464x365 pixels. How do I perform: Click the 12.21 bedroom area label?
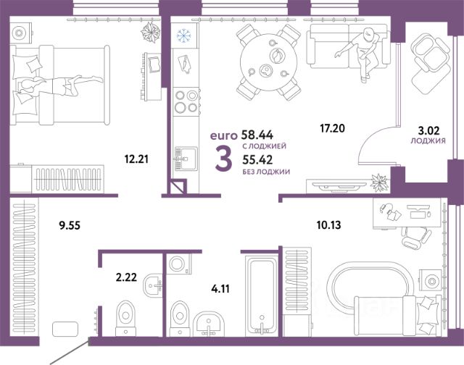click(x=136, y=159)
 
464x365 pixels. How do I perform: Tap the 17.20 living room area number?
click(x=332, y=128)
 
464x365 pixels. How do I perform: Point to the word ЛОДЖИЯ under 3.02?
click(x=428, y=141)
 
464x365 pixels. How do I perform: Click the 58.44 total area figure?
click(x=257, y=135)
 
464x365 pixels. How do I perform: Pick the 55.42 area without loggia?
click(x=257, y=160)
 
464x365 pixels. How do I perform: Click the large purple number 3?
click(x=223, y=160)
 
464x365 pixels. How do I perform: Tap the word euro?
click(x=224, y=135)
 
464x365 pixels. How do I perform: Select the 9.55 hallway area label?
click(x=70, y=226)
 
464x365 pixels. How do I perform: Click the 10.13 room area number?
click(x=328, y=225)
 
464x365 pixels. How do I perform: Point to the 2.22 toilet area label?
click(x=126, y=277)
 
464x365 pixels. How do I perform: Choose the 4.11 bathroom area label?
click(x=220, y=289)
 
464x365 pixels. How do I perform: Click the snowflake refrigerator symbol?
click(x=183, y=35)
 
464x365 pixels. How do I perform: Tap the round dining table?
click(x=269, y=62)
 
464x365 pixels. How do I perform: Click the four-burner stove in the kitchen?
click(x=186, y=101)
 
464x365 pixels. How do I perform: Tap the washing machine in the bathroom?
click(x=178, y=264)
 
